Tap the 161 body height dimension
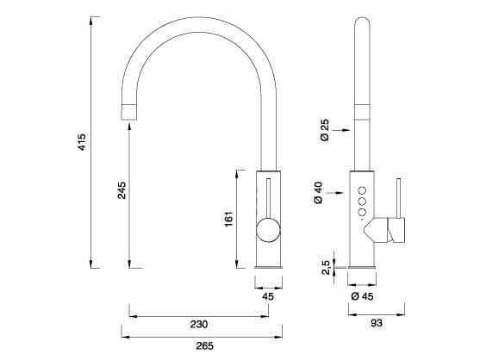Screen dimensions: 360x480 (x=228, y=219)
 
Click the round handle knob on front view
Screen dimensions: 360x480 (x=268, y=231)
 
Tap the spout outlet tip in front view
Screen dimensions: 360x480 (x=129, y=109)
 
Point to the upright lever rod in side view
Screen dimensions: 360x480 (x=398, y=198)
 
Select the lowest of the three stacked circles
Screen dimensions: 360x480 (x=363, y=213)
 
